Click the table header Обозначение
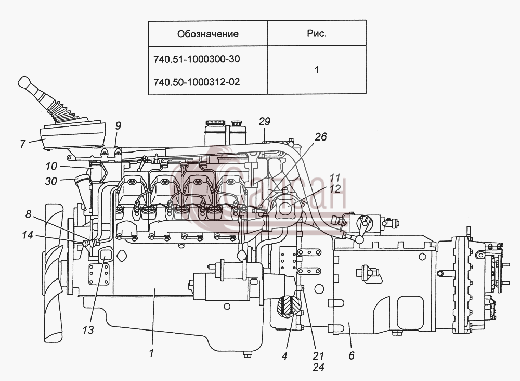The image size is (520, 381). pyautogui.click(x=207, y=34)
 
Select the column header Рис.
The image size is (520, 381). pyautogui.click(x=317, y=33)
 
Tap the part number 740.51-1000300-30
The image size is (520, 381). pyautogui.click(x=197, y=59)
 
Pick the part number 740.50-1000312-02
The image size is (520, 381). pyautogui.click(x=197, y=82)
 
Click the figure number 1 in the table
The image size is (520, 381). pyautogui.click(x=317, y=70)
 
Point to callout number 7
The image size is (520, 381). pyautogui.click(x=22, y=144)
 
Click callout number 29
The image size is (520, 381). pyautogui.click(x=265, y=121)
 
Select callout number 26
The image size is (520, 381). pyautogui.click(x=321, y=137)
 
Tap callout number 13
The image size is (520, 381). pyautogui.click(x=88, y=330)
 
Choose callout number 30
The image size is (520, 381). pyautogui.click(x=51, y=181)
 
